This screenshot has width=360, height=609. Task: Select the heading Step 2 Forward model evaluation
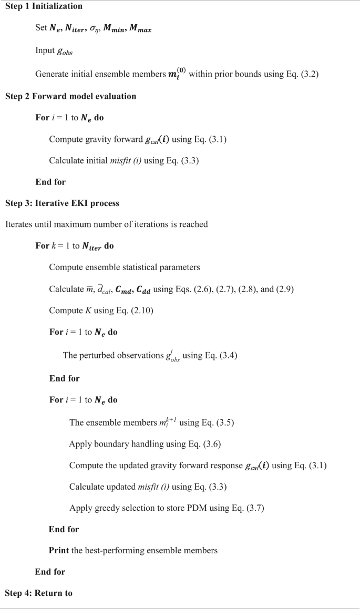(70, 96)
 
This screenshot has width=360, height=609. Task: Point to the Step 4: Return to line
(38, 593)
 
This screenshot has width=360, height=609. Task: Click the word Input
(45, 51)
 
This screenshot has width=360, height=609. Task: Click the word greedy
(107, 509)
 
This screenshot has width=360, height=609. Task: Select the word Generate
(51, 74)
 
